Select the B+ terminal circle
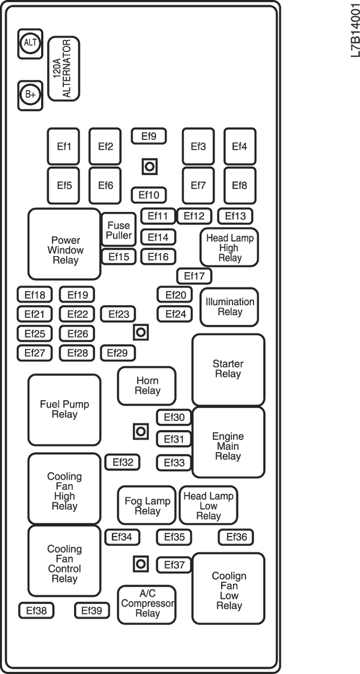click(x=31, y=95)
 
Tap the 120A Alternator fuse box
click(x=64, y=68)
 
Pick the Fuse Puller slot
click(x=119, y=230)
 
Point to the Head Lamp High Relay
click(x=229, y=247)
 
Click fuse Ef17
click(x=194, y=276)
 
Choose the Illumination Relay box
click(x=229, y=307)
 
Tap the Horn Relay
click(x=147, y=386)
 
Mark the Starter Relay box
click(x=228, y=369)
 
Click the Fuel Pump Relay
click(x=64, y=410)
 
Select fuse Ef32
click(x=122, y=463)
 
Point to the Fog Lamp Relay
click(x=147, y=506)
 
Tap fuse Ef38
click(x=36, y=611)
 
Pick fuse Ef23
click(x=118, y=314)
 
